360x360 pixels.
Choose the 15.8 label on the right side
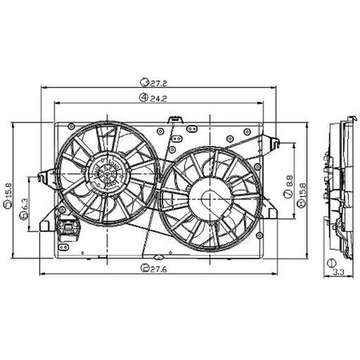[x=301, y=193]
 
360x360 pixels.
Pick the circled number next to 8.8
[x=286, y=205]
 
